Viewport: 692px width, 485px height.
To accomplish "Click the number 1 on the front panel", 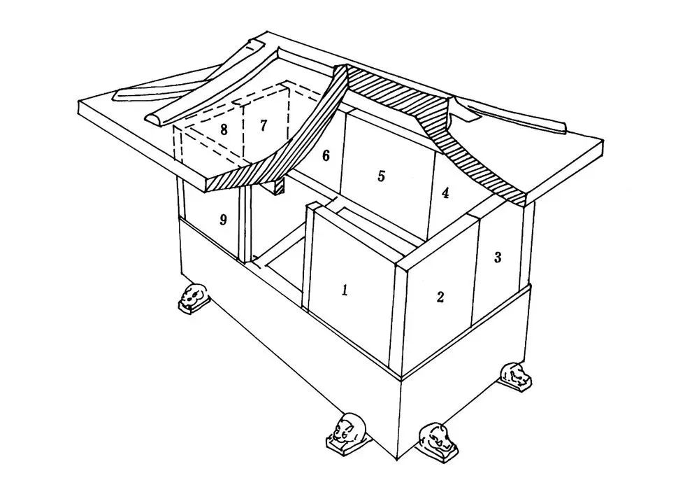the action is (345, 290).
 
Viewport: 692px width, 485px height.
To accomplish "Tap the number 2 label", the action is (440, 297).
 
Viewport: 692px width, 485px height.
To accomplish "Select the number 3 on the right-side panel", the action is (498, 257).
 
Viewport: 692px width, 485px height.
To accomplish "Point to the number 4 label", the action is (445, 192).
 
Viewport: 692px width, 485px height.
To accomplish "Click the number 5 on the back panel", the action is (382, 176).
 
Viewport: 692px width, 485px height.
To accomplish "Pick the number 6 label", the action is (326, 155).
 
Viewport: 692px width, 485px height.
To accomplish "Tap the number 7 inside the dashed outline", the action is (263, 125).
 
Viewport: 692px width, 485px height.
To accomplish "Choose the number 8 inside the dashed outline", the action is (224, 130).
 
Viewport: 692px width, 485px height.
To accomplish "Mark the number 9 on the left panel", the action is (223, 219).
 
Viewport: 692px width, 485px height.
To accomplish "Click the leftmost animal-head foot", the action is (192, 297).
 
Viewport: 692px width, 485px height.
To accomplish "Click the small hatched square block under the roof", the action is (278, 186).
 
